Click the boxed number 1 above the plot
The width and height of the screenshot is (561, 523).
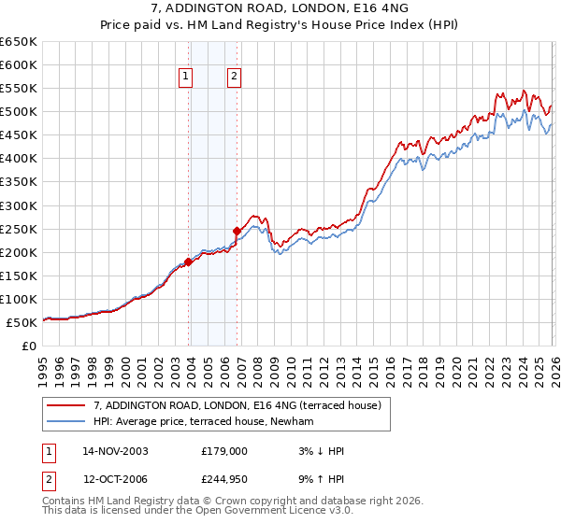click(x=186, y=78)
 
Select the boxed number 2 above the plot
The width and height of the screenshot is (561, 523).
click(x=233, y=78)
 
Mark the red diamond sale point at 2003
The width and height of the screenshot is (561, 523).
click(x=189, y=261)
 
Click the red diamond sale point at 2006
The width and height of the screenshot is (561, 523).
click(x=237, y=230)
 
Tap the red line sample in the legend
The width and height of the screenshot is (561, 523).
click(x=67, y=406)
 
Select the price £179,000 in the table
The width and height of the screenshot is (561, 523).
click(x=224, y=451)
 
